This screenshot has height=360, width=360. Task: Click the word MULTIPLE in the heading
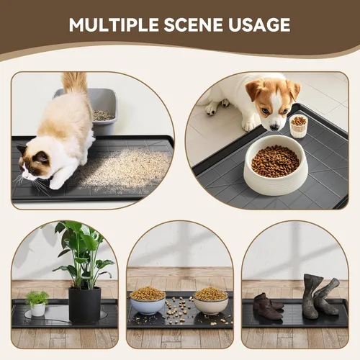[114, 24]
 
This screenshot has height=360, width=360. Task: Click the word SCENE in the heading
[194, 24]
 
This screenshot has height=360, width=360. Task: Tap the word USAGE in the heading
[259, 24]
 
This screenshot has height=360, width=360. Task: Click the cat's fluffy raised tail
[75, 84]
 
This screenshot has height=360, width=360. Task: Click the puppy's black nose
[274, 127]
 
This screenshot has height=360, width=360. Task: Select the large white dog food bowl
[275, 165]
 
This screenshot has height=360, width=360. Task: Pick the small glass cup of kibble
[298, 126]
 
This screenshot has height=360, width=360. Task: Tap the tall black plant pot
[84, 305]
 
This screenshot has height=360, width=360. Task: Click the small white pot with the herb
[38, 309]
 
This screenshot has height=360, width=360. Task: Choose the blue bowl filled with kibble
[147, 300]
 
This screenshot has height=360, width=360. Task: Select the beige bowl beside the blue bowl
[211, 300]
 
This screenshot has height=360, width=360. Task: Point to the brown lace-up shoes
[268, 307]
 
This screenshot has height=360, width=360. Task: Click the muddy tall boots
[320, 296]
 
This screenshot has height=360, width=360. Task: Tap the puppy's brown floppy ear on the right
[293, 90]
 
